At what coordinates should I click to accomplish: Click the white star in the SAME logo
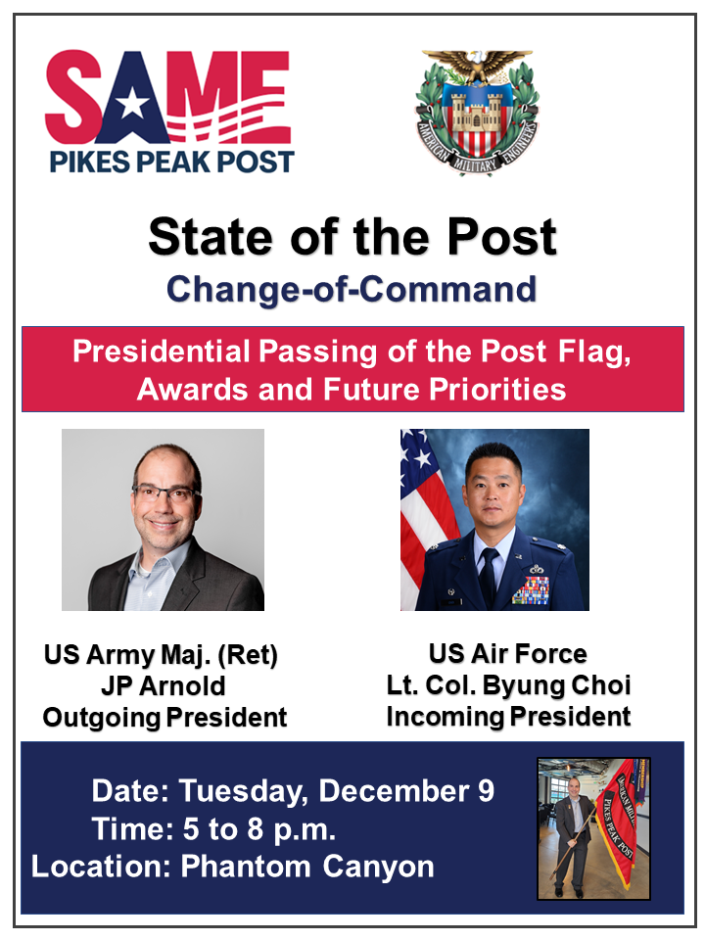pyautogui.click(x=132, y=106)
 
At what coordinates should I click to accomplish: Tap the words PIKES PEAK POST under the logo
pyautogui.click(x=171, y=162)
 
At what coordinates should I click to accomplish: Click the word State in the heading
pyautogui.click(x=210, y=237)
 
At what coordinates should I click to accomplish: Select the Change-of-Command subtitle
pyautogui.click(x=352, y=289)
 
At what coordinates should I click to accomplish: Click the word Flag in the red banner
pyautogui.click(x=594, y=352)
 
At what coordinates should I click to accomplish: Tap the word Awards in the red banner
pyautogui.click(x=193, y=390)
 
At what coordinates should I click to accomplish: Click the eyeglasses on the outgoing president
pyautogui.click(x=165, y=494)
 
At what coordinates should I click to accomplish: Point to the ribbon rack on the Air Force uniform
pyautogui.click(x=531, y=589)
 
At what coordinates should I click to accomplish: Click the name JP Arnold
pyautogui.click(x=164, y=685)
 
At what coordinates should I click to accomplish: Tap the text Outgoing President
pyautogui.click(x=164, y=718)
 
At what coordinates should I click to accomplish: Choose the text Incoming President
pyautogui.click(x=508, y=717)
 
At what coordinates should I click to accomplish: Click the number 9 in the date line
pyautogui.click(x=487, y=791)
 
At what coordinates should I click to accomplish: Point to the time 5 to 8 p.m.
pyautogui.click(x=258, y=830)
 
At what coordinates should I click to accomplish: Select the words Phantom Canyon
pyautogui.click(x=307, y=867)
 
